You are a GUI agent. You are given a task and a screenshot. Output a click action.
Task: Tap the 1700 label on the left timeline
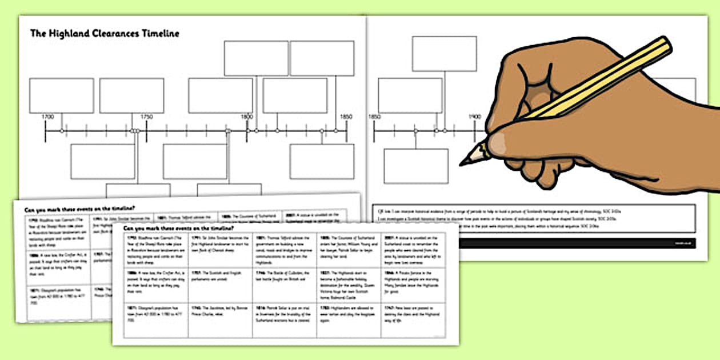[48, 117]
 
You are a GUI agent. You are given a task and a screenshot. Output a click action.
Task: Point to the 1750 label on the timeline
[147, 117]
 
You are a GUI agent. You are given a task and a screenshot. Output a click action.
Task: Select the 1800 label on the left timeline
[247, 117]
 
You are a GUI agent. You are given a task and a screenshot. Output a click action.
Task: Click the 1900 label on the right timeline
[475, 117]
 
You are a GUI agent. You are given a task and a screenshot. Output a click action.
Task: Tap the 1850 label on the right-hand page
[374, 117]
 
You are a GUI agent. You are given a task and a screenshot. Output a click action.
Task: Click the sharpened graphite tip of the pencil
[464, 162]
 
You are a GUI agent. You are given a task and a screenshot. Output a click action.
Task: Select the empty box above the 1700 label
[61, 95]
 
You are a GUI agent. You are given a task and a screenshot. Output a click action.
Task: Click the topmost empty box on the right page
[444, 54]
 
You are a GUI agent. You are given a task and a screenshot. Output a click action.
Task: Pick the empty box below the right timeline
[415, 166]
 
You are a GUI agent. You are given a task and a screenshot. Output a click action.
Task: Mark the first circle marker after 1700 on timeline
[62, 131]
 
